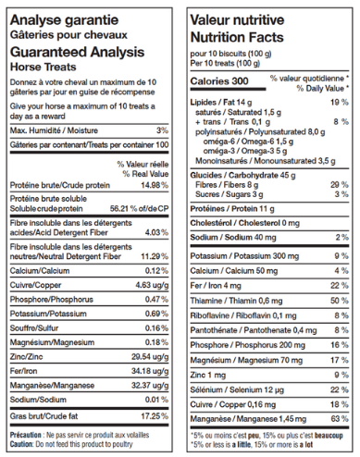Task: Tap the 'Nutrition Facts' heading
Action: coord(238,38)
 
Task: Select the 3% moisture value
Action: coord(163,130)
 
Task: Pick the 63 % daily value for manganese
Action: coord(340,419)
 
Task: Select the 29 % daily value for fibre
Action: coord(340,183)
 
